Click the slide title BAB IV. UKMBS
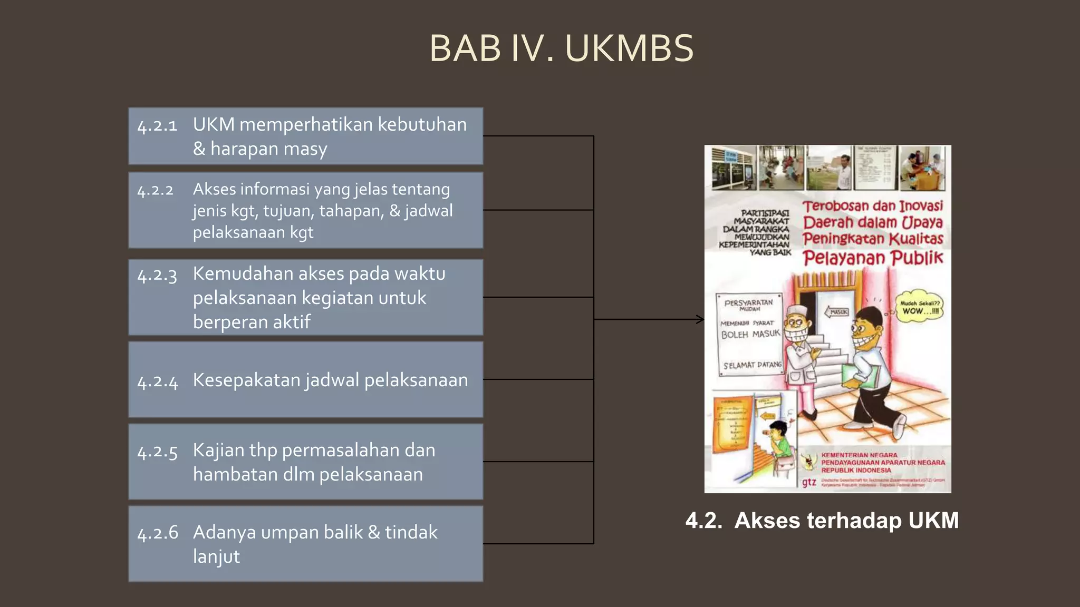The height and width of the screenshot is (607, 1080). (561, 48)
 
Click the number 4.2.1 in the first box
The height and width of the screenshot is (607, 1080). (157, 126)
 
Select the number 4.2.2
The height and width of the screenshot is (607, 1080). (155, 190)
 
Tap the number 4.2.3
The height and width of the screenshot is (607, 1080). (157, 275)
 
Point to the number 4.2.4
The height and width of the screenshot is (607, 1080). (157, 381)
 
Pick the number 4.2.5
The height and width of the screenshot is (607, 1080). (157, 452)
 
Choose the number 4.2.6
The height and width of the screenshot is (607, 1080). (157, 533)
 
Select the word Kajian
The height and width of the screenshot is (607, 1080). (218, 451)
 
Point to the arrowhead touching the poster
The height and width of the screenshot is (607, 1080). (701, 319)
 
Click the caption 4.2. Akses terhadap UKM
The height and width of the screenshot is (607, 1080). (822, 521)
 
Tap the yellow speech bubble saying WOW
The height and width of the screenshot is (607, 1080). (920, 307)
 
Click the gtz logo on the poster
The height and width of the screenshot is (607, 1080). (809, 482)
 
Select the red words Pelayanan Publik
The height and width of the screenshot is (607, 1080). (873, 258)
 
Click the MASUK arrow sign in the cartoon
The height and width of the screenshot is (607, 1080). (836, 312)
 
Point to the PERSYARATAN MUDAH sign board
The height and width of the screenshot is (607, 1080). (749, 332)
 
